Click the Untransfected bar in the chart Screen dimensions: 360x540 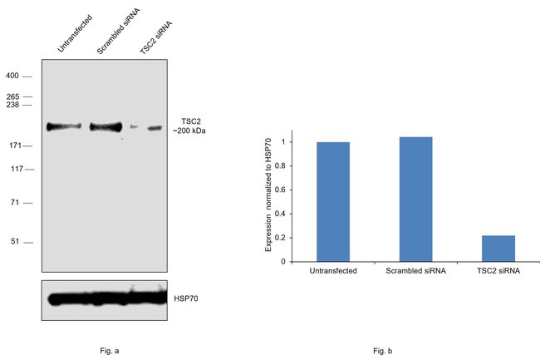point(332,202)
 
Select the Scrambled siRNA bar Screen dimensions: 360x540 point(415,200)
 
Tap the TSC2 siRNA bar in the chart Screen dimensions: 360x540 point(498,249)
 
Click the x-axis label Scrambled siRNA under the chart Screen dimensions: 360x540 point(415,272)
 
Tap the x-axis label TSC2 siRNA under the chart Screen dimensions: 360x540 point(498,272)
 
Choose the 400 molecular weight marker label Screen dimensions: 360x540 point(12,76)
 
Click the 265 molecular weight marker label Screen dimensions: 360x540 point(12,96)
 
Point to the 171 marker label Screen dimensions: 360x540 point(12,146)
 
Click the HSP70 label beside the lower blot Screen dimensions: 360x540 point(185,297)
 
